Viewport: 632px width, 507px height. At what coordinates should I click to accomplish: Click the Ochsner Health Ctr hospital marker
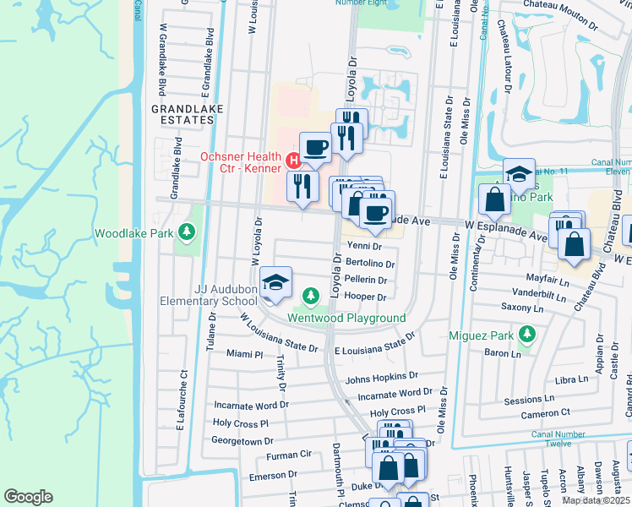(x=293, y=159)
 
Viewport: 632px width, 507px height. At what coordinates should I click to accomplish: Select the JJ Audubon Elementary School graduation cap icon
(x=274, y=283)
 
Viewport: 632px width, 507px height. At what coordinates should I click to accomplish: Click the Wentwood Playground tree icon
(x=311, y=295)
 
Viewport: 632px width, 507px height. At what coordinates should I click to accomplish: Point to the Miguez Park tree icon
(x=528, y=334)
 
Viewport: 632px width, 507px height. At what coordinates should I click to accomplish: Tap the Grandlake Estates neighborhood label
(x=182, y=115)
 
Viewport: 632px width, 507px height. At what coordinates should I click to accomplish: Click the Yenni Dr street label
(x=365, y=247)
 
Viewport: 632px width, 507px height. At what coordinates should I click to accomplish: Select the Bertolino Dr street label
(x=370, y=264)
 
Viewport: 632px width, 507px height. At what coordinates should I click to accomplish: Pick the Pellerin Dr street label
(x=366, y=280)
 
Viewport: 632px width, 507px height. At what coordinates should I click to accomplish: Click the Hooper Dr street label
(x=365, y=297)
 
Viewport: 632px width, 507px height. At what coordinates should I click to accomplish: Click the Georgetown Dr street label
(x=242, y=441)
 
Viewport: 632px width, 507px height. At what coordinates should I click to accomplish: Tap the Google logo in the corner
(x=28, y=497)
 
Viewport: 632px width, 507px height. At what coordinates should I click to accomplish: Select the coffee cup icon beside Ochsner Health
(x=315, y=147)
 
